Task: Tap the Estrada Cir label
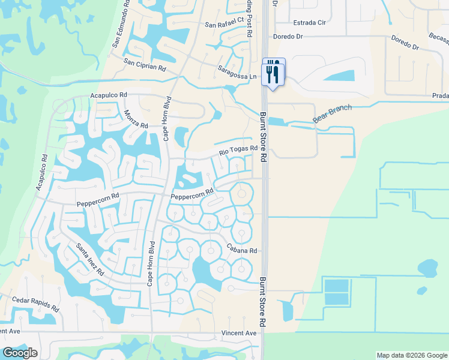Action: [x=309, y=23]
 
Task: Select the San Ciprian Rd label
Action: [x=145, y=64]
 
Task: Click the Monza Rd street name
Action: [x=136, y=116]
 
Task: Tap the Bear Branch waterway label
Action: [x=332, y=114]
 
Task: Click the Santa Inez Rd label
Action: [x=90, y=259]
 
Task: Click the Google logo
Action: [x=20, y=353]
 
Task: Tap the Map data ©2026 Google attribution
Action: [x=412, y=355]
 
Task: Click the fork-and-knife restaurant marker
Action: [x=273, y=73]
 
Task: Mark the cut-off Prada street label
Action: [x=440, y=95]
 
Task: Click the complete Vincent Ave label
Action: [x=238, y=333]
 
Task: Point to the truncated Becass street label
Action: [x=439, y=37]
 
